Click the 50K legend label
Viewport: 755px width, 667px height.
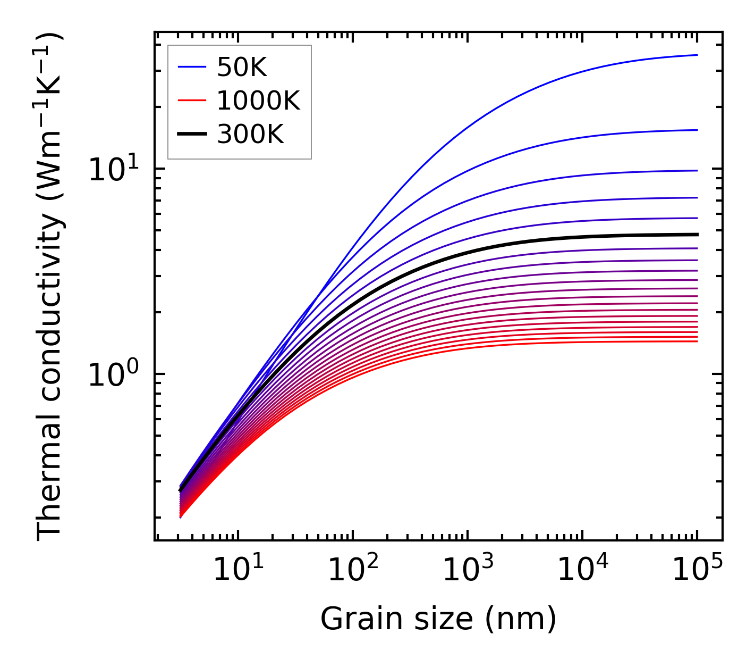coord(242,68)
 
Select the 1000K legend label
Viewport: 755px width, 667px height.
coord(258,101)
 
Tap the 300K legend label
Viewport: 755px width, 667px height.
coord(250,135)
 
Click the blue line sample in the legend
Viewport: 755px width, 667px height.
coord(191,67)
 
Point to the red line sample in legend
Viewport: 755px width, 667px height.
coord(191,101)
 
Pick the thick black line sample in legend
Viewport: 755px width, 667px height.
coord(191,135)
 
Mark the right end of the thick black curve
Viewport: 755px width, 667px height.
coord(697,235)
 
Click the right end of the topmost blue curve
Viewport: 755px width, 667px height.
coord(697,55)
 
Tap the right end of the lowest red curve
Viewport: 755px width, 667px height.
coord(697,341)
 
